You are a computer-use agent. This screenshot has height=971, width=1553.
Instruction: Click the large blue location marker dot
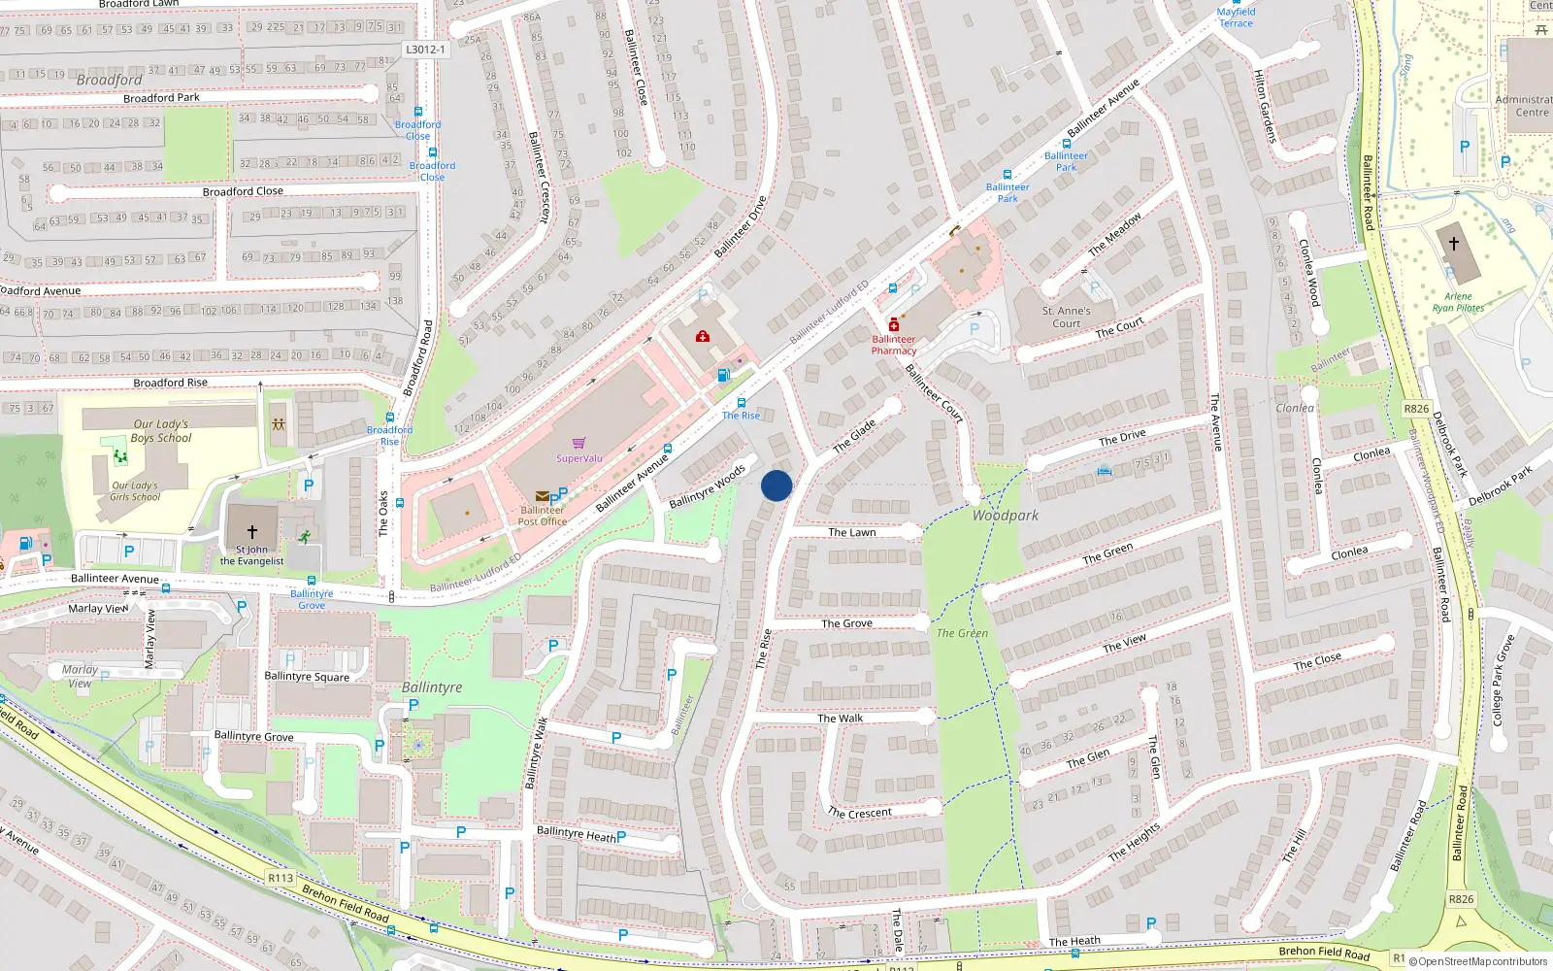776,485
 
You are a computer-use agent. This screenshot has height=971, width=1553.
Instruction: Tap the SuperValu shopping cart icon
579,444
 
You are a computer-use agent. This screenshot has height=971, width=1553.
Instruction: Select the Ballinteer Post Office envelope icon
542,496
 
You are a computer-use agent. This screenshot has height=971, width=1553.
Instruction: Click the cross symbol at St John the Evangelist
252,532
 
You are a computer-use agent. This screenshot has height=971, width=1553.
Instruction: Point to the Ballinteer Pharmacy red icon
894,325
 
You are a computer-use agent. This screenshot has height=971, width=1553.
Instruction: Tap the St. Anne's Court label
1066,318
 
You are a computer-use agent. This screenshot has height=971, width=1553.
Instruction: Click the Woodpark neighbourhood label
1006,516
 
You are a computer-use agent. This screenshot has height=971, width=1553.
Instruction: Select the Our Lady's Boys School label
161,431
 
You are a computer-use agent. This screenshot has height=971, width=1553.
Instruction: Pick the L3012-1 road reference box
425,50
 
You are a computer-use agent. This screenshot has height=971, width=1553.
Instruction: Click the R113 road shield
281,878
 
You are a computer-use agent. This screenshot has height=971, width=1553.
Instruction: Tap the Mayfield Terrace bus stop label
1236,17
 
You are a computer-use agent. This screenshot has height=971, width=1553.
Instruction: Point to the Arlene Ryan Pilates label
1458,302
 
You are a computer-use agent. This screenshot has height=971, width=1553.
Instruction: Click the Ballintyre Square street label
307,677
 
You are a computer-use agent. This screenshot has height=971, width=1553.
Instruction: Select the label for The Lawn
852,532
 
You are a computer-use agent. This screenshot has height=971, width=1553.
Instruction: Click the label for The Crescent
859,813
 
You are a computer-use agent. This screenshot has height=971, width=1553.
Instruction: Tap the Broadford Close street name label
243,191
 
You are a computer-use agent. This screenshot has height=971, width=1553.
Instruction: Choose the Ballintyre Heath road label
577,833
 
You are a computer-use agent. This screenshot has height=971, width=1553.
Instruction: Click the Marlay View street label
97,609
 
